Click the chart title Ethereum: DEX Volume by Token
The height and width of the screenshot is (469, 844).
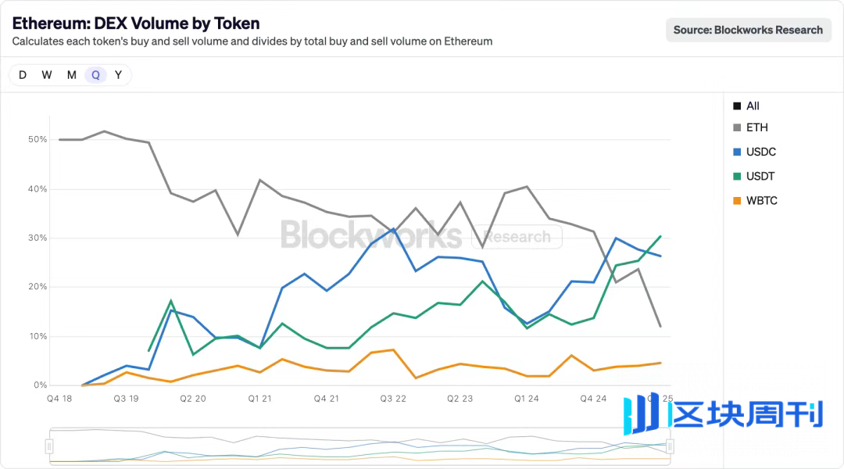136,23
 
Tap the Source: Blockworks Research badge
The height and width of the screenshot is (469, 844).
748,30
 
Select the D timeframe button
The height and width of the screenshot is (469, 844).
23,75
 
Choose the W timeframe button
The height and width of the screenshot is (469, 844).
47,75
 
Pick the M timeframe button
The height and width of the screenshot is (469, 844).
71,75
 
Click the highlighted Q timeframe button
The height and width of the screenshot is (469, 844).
95,75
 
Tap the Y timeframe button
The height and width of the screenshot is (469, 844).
118,75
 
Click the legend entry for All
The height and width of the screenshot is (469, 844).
752,106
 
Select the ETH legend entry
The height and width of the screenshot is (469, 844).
756,127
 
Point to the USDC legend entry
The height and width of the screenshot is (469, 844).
760,152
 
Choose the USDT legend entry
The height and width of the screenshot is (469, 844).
760,176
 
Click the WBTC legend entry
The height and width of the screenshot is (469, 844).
761,201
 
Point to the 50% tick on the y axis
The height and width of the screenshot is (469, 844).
38,140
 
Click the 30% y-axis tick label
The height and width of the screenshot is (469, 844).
38,238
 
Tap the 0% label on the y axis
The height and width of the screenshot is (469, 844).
40,385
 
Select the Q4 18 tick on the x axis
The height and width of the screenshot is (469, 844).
59,399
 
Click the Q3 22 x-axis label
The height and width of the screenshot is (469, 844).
393,399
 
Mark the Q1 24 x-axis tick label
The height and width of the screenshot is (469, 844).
527,399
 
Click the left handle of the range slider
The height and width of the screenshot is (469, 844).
49,446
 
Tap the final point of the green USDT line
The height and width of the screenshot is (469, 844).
660,236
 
